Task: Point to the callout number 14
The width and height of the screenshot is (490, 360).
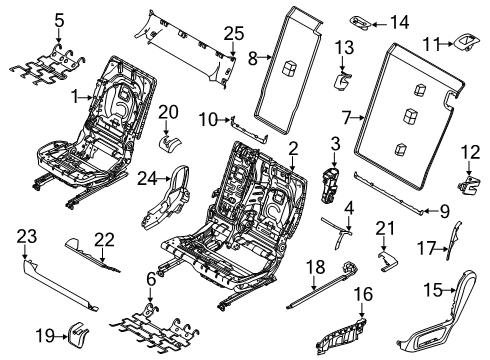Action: pos(398,21)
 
